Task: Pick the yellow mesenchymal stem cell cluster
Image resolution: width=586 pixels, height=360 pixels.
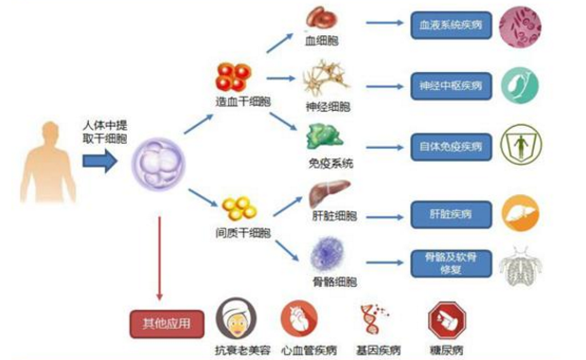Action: [x=239, y=207]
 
